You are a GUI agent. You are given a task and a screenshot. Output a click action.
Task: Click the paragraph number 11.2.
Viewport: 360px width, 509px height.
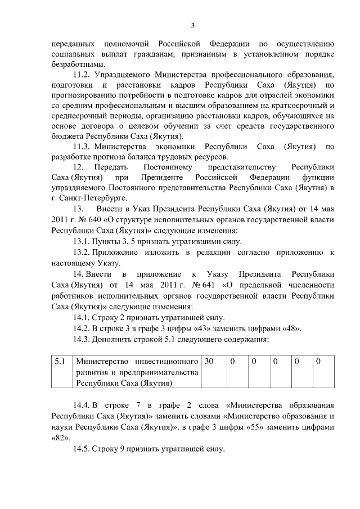[83, 75]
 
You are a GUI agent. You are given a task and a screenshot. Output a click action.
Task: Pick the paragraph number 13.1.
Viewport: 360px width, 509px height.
[83, 241]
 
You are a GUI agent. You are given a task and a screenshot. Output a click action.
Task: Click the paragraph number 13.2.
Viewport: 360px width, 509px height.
[83, 253]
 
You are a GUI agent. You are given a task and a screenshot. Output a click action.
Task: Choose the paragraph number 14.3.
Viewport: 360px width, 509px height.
[83, 339]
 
